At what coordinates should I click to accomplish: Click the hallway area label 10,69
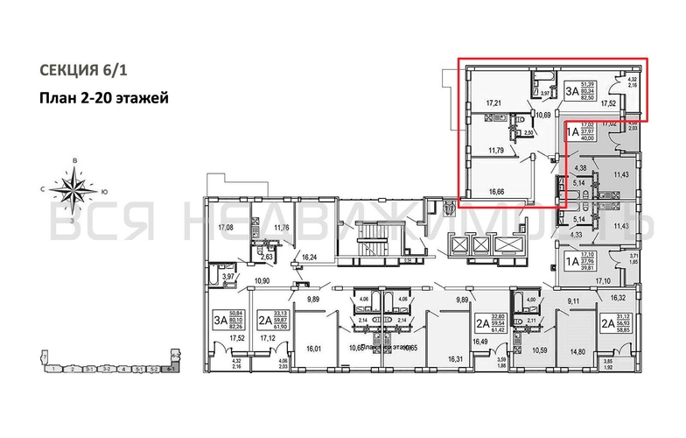tap(543, 114)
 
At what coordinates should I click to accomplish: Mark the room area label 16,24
tap(309, 258)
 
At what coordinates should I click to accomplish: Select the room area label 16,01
tap(314, 348)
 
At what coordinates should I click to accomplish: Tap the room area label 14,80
tap(577, 351)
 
